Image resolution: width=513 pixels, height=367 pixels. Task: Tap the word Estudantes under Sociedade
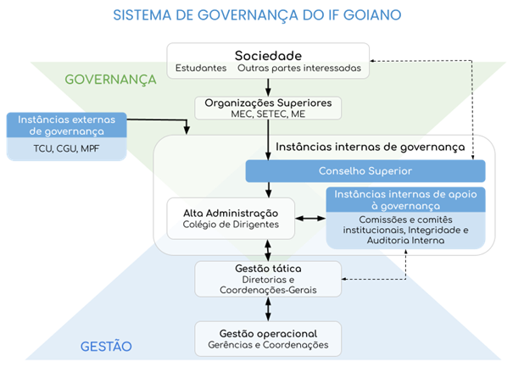201,68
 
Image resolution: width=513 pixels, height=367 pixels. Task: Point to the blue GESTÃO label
106,346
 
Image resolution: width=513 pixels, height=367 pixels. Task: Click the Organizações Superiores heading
269,103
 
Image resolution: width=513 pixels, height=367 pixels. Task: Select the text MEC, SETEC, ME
269,114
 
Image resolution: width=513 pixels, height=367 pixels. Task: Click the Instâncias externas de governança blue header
66,125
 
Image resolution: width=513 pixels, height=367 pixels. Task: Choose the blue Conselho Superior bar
365,171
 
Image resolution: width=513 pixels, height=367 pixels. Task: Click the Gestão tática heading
268,269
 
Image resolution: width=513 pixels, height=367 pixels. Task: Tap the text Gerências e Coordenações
268,345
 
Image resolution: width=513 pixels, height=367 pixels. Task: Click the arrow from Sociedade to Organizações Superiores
269,86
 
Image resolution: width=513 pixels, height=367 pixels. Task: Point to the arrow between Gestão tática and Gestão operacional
269,309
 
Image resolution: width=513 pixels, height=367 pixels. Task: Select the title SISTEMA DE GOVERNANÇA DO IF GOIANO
257,14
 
